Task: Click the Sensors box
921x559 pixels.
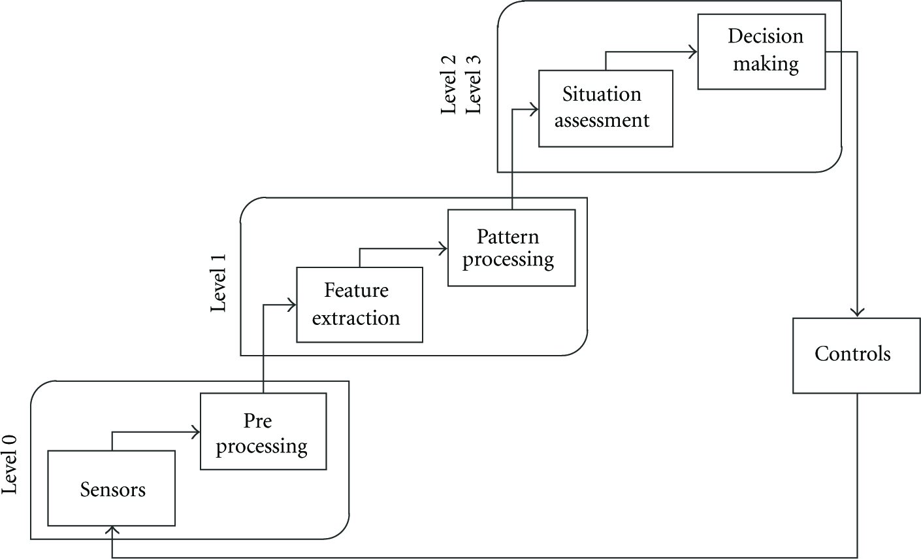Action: pyautogui.click(x=112, y=488)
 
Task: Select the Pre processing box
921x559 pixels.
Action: pyautogui.click(x=263, y=432)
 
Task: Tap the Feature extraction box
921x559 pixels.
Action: pyautogui.click(x=360, y=305)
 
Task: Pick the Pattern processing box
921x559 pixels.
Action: pyautogui.click(x=511, y=248)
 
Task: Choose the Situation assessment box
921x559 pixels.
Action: pyautogui.click(x=606, y=109)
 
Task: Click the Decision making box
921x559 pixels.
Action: pyautogui.click(x=762, y=52)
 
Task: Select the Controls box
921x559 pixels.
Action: pyautogui.click(x=856, y=356)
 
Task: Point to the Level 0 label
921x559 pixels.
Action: pyautogui.click(x=9, y=465)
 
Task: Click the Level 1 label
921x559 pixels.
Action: pyautogui.click(x=218, y=283)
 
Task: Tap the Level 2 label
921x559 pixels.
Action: pyautogui.click(x=448, y=85)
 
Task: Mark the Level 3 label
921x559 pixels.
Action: pyautogui.click(x=473, y=85)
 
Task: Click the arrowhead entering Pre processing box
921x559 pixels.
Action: pyautogui.click(x=196, y=432)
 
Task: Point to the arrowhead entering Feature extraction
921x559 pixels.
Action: pyautogui.click(x=292, y=305)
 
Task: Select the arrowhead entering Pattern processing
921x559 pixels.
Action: pyautogui.click(x=444, y=248)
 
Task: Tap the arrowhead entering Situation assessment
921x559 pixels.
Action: pyautogui.click(x=534, y=109)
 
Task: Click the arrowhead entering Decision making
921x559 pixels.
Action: pyautogui.click(x=693, y=52)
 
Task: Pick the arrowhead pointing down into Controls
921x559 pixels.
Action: pyautogui.click(x=857, y=313)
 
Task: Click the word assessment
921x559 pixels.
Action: pyautogui.click(x=602, y=121)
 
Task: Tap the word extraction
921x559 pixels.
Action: pyautogui.click(x=356, y=318)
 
